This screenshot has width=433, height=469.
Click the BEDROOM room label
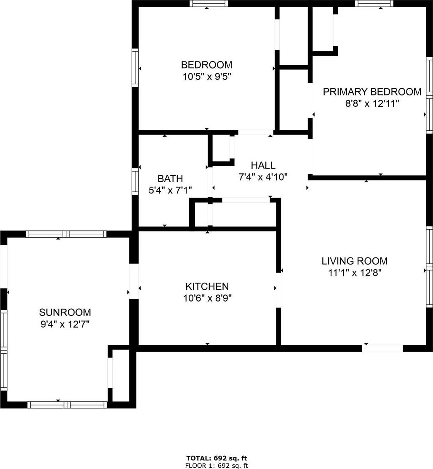tap(207, 65)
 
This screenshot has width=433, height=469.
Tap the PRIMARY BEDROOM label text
tap(372, 92)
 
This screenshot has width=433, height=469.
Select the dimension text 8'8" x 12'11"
tap(372, 103)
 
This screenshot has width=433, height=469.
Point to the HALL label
tap(263, 165)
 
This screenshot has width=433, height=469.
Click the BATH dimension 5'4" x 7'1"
tap(170, 190)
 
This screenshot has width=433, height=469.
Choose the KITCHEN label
tap(207, 286)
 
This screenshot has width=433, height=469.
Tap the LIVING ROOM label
tap(355, 261)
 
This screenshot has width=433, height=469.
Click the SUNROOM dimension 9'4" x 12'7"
tap(65, 324)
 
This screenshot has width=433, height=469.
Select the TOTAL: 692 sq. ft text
tap(216, 458)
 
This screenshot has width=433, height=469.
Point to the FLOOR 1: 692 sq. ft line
tap(216, 465)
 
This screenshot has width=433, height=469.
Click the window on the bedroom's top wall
tap(209, 3)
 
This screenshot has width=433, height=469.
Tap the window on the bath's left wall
tap(135, 181)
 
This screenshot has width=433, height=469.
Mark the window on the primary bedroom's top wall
tap(374, 3)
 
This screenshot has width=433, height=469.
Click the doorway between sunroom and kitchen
tap(134, 281)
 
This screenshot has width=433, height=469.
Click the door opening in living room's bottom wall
tap(383, 348)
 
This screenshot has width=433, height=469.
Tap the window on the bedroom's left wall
tap(135, 68)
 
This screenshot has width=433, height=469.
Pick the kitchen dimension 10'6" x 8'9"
tap(208, 298)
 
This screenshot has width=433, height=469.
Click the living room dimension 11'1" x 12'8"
tap(355, 273)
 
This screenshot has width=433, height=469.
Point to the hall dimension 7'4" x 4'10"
tap(263, 177)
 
